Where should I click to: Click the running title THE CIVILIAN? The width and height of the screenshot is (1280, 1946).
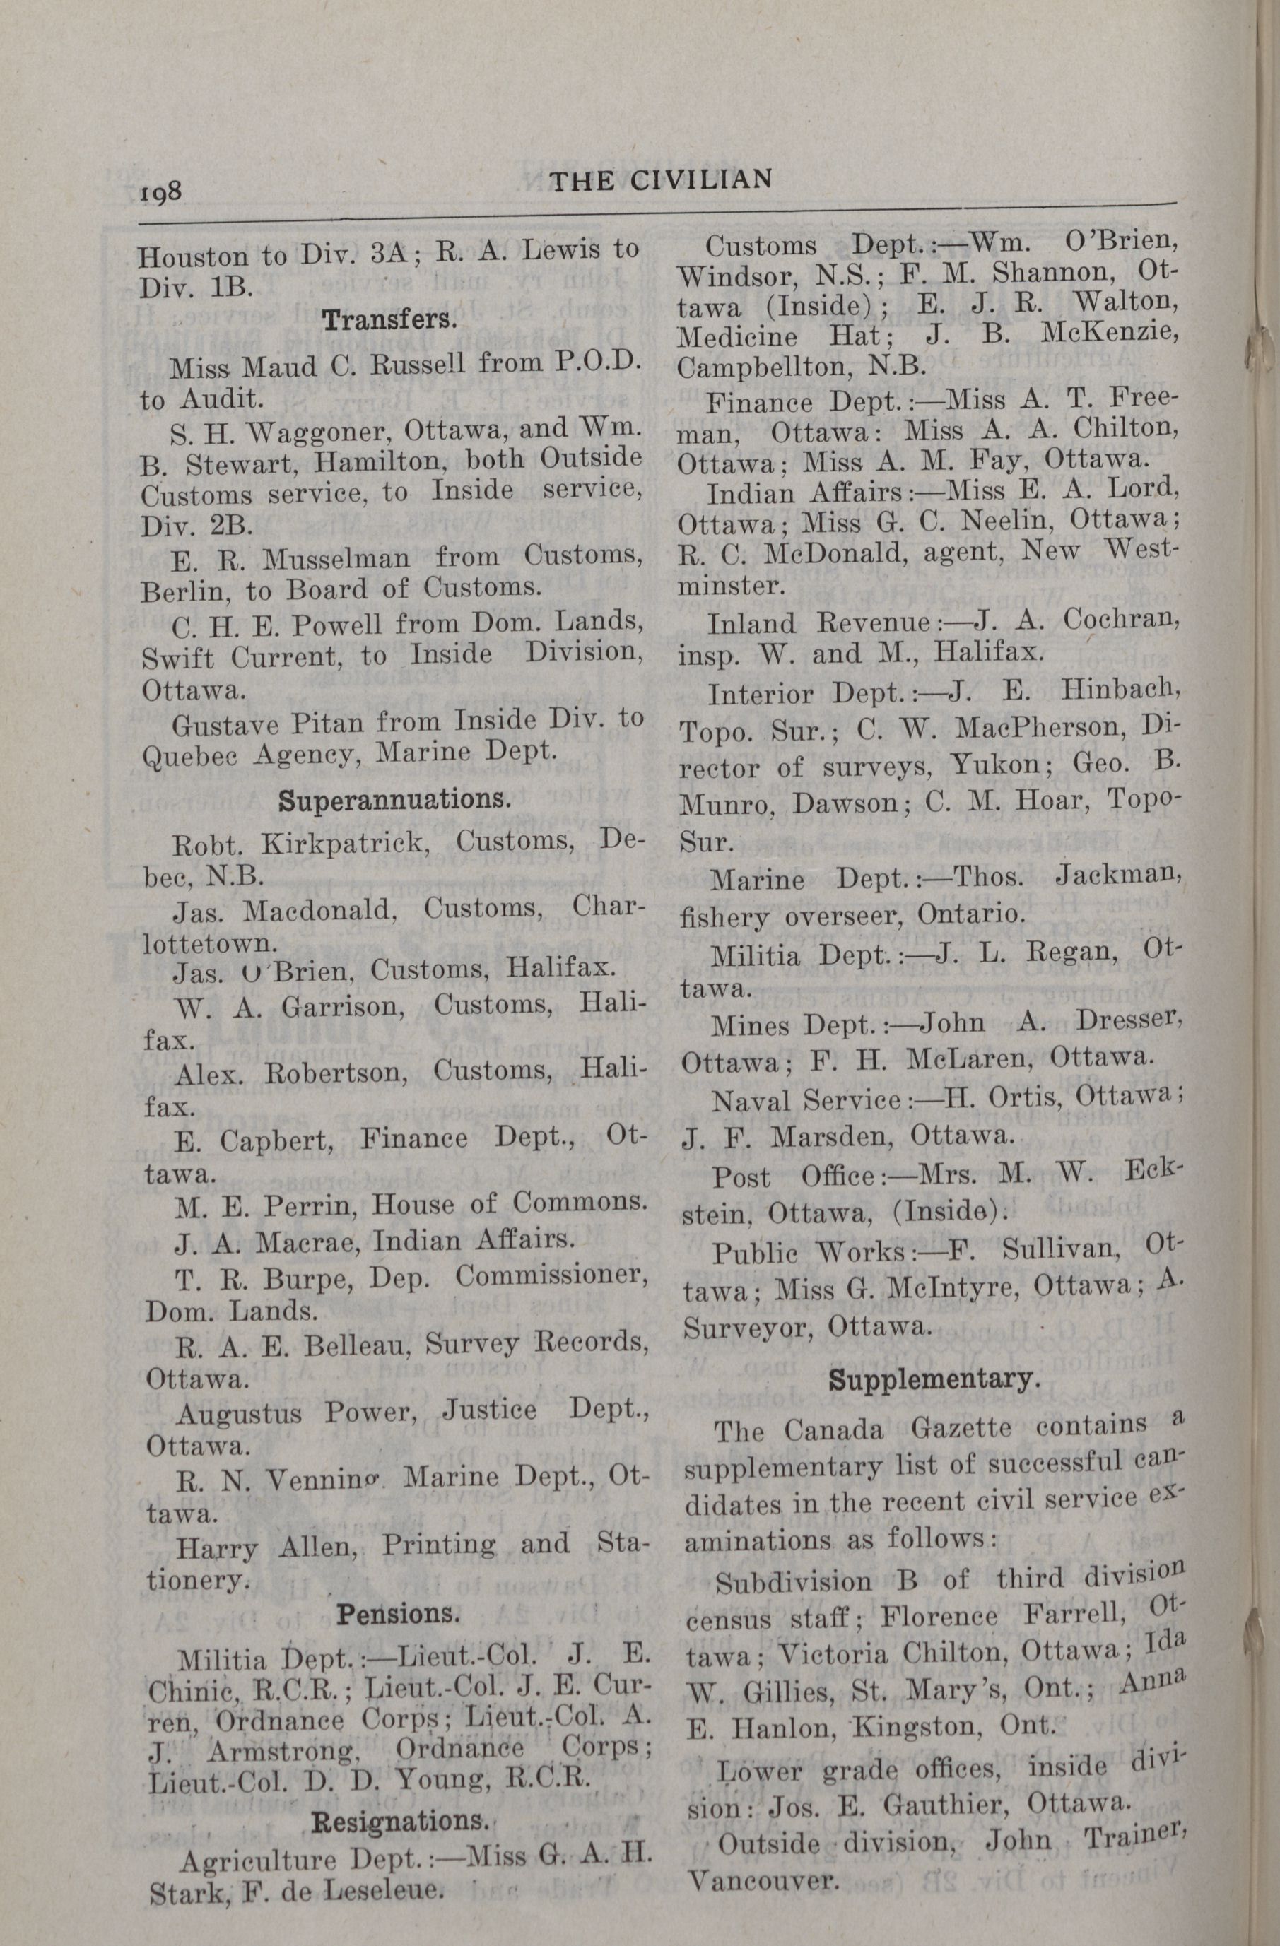point(661,180)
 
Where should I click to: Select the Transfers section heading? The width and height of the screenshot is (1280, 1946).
point(389,319)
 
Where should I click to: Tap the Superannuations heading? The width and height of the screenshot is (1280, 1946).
point(394,799)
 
